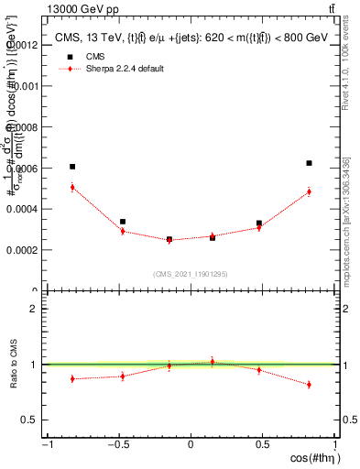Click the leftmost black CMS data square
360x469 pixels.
(x=72, y=167)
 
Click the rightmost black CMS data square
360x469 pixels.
(x=310, y=163)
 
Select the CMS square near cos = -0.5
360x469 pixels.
(x=123, y=222)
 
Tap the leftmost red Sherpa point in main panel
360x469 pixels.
(x=72, y=187)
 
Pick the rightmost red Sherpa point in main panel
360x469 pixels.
(x=310, y=191)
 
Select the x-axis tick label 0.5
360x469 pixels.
(x=262, y=444)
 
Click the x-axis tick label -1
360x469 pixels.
(x=47, y=444)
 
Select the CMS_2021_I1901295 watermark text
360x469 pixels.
(x=191, y=274)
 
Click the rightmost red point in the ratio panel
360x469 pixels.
(x=310, y=385)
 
